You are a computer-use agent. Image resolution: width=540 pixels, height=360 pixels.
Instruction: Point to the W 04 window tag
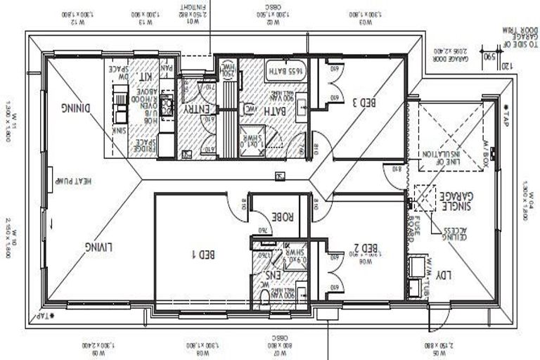click(x=527, y=200)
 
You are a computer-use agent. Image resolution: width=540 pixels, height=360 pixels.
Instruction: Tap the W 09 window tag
click(x=98, y=345)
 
